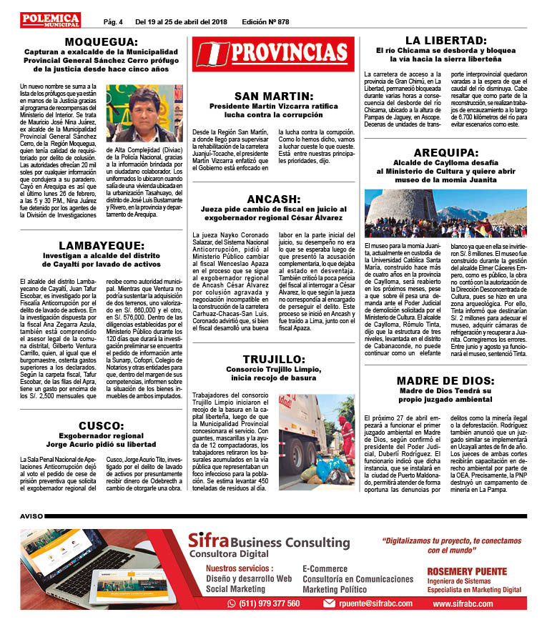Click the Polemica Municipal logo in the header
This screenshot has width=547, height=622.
click(51, 20)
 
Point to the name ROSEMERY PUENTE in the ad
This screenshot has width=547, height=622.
click(467, 571)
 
